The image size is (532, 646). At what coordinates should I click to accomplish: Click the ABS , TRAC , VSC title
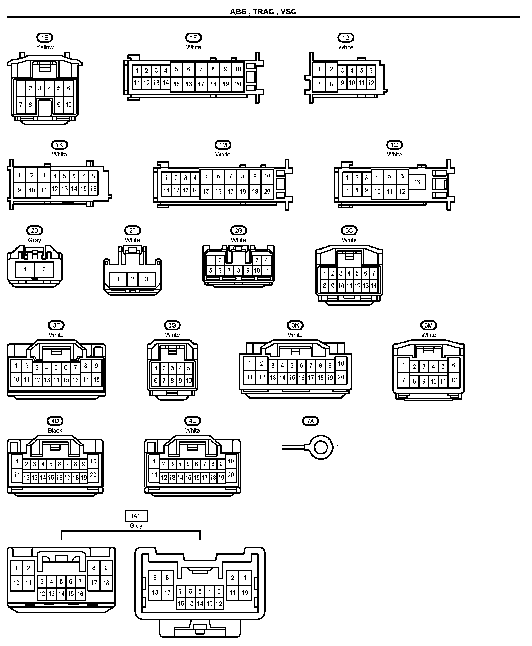click(x=263, y=12)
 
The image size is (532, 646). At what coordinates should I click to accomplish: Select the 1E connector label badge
click(x=45, y=37)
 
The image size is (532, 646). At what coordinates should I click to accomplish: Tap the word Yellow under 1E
click(x=45, y=47)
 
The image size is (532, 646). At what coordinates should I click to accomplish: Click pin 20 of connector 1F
click(x=238, y=84)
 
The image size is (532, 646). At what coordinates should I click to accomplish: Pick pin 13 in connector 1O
click(x=417, y=182)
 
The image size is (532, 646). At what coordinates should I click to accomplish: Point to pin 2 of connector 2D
click(x=44, y=269)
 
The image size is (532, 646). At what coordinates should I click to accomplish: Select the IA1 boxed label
click(x=136, y=516)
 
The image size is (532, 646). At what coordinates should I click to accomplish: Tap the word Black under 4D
click(x=55, y=430)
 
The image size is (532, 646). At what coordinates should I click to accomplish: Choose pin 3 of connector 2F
click(x=147, y=279)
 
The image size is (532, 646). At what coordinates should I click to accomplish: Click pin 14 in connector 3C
click(x=374, y=286)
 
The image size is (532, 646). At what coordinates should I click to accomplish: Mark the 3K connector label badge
click(x=295, y=325)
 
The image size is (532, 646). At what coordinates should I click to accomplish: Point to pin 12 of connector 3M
click(x=454, y=380)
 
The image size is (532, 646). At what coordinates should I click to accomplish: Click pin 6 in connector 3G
click(x=156, y=381)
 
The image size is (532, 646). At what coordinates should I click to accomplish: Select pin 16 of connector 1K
click(x=93, y=189)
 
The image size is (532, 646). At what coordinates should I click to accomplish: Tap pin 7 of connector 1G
click(x=319, y=84)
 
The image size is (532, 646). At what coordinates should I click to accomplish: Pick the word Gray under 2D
click(x=34, y=240)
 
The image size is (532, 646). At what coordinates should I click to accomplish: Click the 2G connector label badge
click(x=238, y=230)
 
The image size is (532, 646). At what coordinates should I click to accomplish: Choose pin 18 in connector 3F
click(x=96, y=379)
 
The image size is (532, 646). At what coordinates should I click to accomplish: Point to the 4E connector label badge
click(x=192, y=421)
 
